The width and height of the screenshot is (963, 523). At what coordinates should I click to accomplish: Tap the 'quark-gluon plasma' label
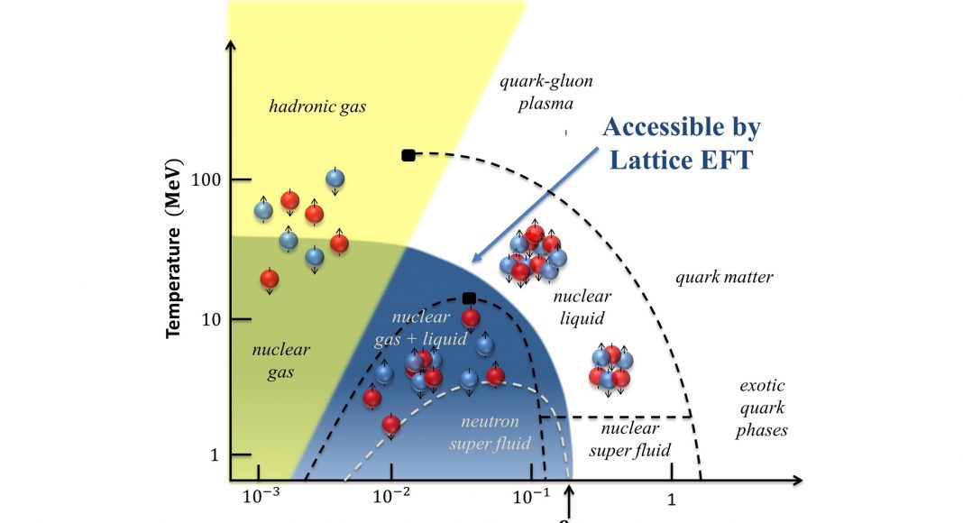tap(546, 93)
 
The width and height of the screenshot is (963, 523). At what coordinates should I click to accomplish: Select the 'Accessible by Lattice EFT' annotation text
tap(682, 142)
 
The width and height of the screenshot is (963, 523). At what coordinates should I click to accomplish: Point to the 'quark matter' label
tap(724, 277)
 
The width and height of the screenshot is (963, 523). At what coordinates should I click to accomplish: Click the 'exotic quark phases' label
tap(761, 408)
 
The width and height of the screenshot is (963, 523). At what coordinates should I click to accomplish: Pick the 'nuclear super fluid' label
tap(630, 438)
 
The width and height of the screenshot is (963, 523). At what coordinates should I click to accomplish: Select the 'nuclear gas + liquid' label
tap(420, 328)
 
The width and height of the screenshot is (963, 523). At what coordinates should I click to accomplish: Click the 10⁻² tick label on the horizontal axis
tap(390, 498)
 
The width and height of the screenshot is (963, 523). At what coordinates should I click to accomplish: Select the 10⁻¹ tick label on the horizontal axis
tap(530, 498)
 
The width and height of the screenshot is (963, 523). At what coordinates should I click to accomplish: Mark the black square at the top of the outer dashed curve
tap(408, 155)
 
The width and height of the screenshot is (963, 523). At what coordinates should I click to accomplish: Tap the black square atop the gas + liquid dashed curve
tap(469, 298)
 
